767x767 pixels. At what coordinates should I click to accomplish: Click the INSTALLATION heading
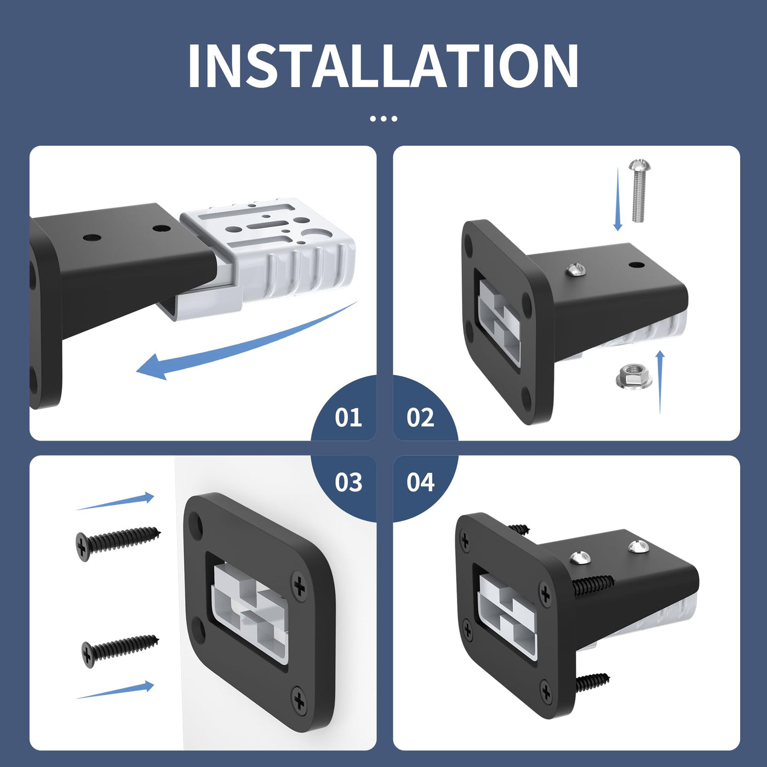(383, 66)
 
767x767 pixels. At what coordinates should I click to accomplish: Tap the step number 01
(348, 417)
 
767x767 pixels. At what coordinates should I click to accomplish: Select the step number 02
(420, 417)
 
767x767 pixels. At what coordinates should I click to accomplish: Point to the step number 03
(348, 482)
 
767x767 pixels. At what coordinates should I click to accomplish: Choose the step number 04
(420, 482)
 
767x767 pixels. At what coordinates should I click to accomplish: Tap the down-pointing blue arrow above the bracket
(618, 199)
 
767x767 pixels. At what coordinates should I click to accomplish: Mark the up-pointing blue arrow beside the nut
(660, 382)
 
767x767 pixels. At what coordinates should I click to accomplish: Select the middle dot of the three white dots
(383, 118)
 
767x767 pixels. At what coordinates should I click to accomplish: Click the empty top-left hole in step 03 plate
(196, 521)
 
